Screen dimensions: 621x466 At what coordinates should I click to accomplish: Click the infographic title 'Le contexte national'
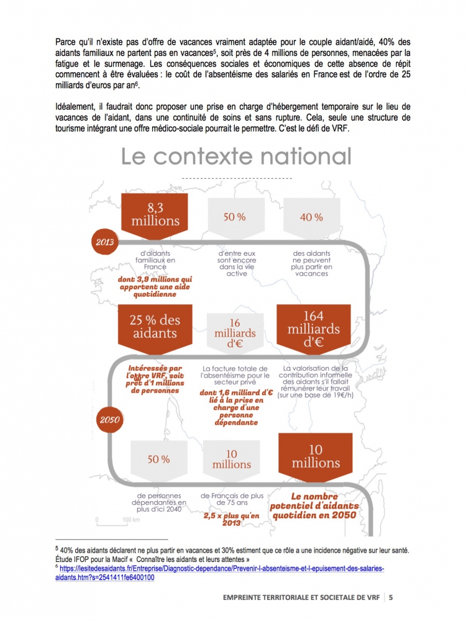[x=236, y=156]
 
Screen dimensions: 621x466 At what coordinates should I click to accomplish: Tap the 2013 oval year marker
[x=104, y=242]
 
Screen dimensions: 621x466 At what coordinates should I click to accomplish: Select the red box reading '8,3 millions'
[x=155, y=214]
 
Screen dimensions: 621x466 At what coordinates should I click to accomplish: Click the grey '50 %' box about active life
[x=234, y=217]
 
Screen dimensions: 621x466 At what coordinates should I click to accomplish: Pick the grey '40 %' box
[x=311, y=217]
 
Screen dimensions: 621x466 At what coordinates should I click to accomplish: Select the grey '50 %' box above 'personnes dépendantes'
[x=158, y=460]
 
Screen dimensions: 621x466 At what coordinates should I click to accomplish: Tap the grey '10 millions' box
[x=232, y=460]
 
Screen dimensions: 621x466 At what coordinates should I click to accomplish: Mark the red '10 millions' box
[x=316, y=456]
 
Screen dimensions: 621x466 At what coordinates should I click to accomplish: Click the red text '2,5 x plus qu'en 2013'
[x=231, y=519]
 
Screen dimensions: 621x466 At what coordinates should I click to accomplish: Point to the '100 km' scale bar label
[x=130, y=519]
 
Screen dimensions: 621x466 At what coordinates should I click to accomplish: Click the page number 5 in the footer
[x=391, y=597]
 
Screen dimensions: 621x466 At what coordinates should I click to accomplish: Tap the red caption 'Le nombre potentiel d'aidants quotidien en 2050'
[x=314, y=505]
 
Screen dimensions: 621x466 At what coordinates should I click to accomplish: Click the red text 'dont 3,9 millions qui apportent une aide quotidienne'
[x=155, y=287]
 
